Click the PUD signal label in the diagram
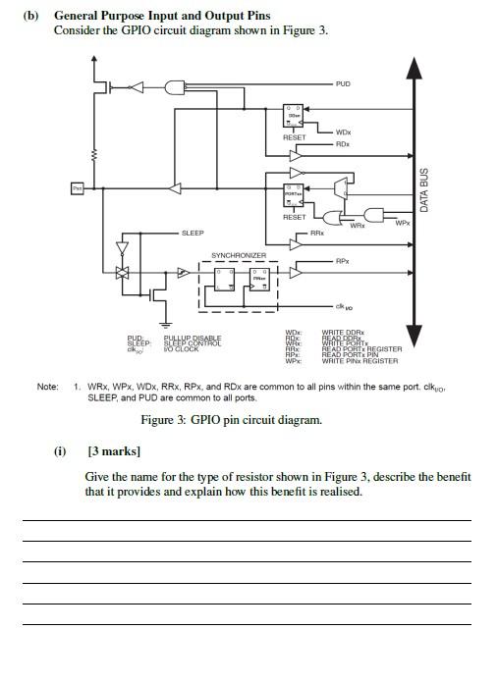(x=342, y=84)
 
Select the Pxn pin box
(x=78, y=186)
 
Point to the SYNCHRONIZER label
(x=239, y=255)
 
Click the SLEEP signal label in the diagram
(x=193, y=234)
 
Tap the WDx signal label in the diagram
(x=343, y=132)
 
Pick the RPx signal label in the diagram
(x=342, y=261)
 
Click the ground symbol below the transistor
(x=166, y=324)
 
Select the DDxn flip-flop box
(x=294, y=116)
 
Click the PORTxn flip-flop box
(x=294, y=195)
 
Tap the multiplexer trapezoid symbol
(x=339, y=185)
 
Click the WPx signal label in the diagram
(x=402, y=223)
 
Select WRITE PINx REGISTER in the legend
(x=360, y=361)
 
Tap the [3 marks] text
(x=115, y=451)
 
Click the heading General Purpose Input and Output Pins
(x=162, y=17)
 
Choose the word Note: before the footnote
(x=48, y=387)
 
